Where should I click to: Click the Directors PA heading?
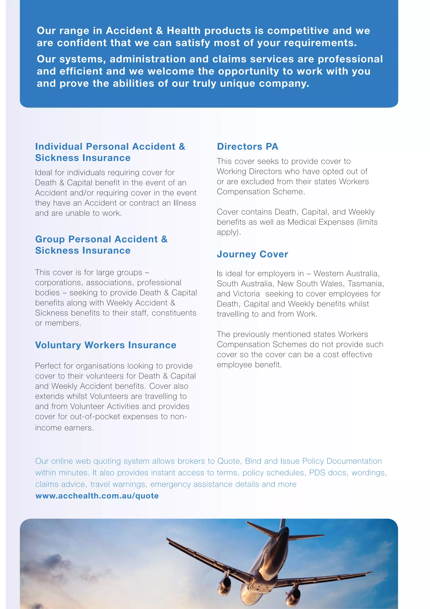[x=248, y=147]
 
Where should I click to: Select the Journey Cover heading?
[x=252, y=254]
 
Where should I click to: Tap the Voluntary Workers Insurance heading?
[x=106, y=345]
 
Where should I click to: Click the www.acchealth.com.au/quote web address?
[x=97, y=496]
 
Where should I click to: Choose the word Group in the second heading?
[x=50, y=239]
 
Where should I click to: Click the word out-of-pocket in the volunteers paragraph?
[x=95, y=417]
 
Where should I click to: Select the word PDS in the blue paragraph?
[x=317, y=473]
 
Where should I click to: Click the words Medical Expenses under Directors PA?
[x=321, y=222]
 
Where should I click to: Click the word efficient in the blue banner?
[x=81, y=71]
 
